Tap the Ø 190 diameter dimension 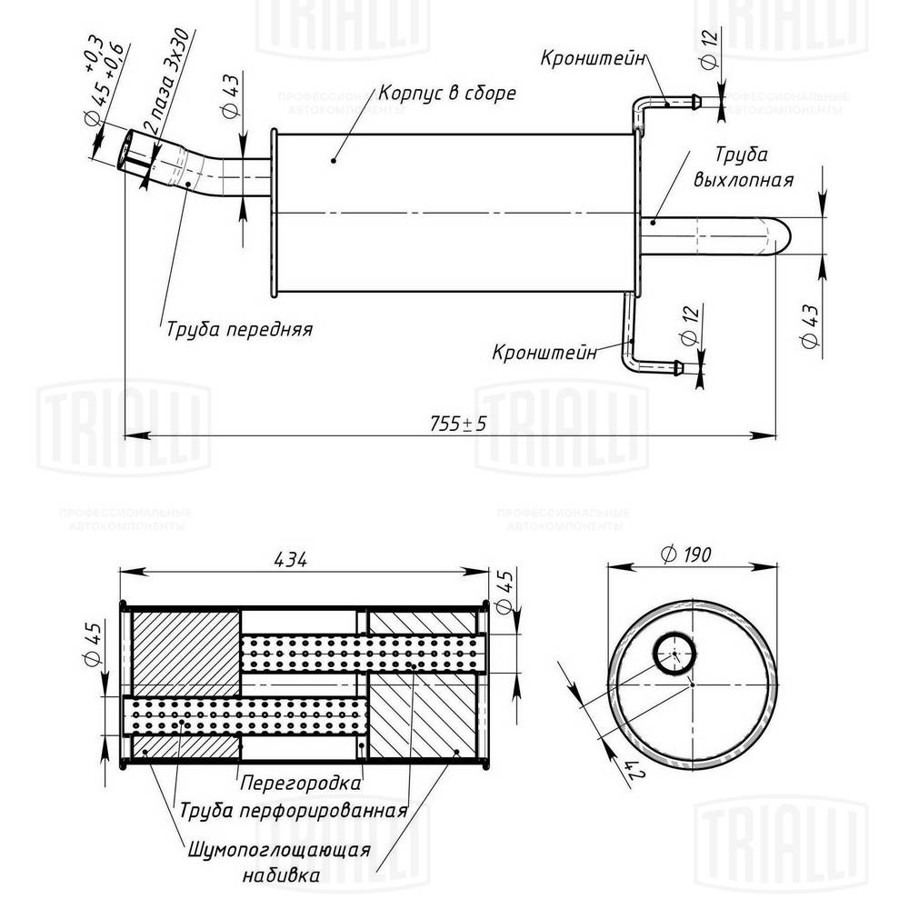[x=687, y=554]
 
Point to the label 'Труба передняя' [x=239, y=329]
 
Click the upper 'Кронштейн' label [x=593, y=58]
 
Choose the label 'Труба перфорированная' [x=292, y=810]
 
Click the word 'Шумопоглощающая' [x=279, y=850]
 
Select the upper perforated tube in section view [x=364, y=653]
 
